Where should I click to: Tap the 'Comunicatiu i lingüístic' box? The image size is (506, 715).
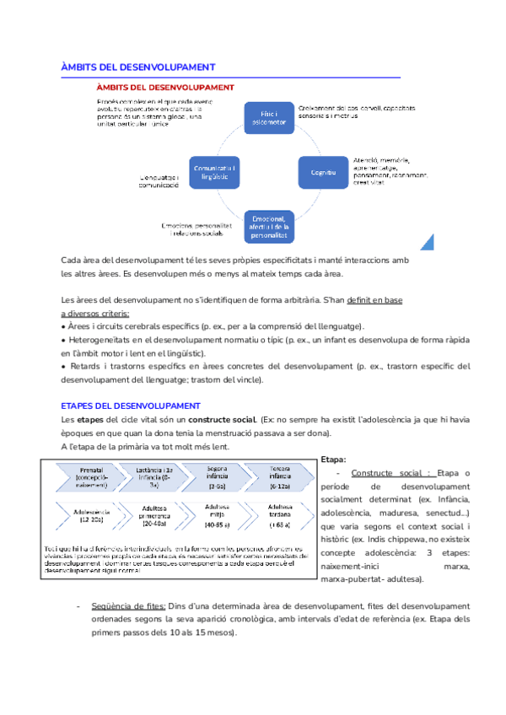(215, 172)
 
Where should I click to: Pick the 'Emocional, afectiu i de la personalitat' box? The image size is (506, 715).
(268, 226)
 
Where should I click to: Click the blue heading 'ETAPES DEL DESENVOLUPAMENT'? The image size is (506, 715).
(131, 406)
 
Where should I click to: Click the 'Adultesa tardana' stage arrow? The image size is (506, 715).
(281, 514)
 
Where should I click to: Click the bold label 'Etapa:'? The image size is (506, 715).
(334, 459)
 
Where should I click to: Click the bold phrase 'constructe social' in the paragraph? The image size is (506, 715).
(222, 420)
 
